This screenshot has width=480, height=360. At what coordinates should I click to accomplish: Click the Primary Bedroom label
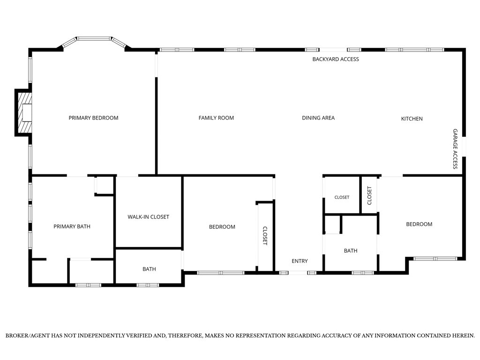point(93,118)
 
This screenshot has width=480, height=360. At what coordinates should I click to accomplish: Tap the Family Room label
point(216,118)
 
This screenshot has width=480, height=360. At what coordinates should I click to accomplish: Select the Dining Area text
point(318,118)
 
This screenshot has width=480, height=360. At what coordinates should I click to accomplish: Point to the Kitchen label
point(412,119)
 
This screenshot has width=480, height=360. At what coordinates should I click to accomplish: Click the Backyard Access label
point(336,59)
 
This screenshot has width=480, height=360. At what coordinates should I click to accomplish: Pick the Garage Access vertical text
point(455,149)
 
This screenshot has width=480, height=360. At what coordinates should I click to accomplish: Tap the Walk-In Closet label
point(148,217)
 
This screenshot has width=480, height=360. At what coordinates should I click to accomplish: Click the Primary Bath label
point(72,226)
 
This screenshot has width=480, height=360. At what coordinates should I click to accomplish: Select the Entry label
point(300,261)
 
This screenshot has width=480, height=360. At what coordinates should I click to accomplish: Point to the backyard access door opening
point(333,50)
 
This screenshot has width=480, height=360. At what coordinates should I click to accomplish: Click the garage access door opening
point(464,147)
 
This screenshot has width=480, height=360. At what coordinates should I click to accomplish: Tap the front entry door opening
point(298,273)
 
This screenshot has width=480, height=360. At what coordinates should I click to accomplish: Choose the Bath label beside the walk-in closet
point(149,269)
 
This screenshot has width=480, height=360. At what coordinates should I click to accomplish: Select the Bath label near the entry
point(351,251)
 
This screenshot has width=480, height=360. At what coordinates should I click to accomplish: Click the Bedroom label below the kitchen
point(419,225)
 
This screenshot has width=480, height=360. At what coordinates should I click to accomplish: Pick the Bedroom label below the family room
point(222,227)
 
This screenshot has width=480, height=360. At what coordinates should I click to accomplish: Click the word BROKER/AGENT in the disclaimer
point(28,336)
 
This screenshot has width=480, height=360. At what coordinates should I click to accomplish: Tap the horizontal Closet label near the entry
point(342,197)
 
